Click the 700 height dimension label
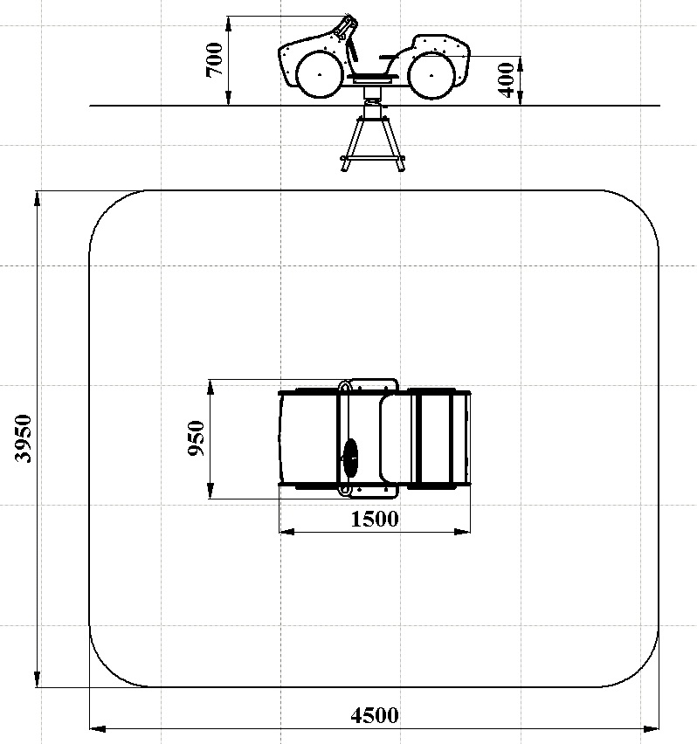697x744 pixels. coord(215,59)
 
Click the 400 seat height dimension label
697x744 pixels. coord(507,79)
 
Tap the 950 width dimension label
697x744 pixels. coord(196,438)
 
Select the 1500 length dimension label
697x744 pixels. coord(375,520)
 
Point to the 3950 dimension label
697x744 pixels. coord(24,438)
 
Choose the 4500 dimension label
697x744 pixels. coord(375,715)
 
